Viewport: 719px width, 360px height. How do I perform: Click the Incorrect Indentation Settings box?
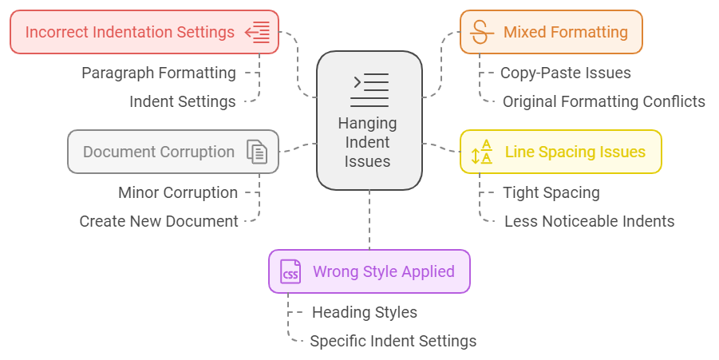(x=144, y=32)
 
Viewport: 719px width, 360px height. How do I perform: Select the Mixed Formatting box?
(x=551, y=32)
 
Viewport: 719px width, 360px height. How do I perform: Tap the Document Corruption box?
(x=173, y=152)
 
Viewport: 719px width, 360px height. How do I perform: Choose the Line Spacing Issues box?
(x=560, y=152)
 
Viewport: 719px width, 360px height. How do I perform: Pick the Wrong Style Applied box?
(x=369, y=271)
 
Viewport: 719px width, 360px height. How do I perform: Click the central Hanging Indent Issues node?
(x=369, y=121)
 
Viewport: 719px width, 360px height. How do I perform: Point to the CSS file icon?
(x=290, y=271)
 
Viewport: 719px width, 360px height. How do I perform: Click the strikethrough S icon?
(x=480, y=32)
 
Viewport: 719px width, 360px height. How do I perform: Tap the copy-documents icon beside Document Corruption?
(x=257, y=152)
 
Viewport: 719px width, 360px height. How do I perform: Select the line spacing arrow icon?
(x=482, y=152)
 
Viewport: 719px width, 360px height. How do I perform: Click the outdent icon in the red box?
(x=258, y=32)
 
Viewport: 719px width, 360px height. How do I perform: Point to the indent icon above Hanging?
(x=369, y=90)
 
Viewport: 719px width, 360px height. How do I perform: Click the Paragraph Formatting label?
(x=159, y=73)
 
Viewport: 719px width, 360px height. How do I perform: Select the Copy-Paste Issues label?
(x=565, y=73)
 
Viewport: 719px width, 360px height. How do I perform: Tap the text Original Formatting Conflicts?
(x=603, y=101)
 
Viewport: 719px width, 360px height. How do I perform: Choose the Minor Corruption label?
(x=178, y=192)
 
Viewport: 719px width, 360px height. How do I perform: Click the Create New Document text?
(x=159, y=221)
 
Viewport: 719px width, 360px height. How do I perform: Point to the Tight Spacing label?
(x=551, y=192)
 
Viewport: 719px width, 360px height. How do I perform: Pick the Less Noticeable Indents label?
(x=589, y=221)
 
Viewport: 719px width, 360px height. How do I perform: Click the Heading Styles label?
(x=364, y=312)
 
